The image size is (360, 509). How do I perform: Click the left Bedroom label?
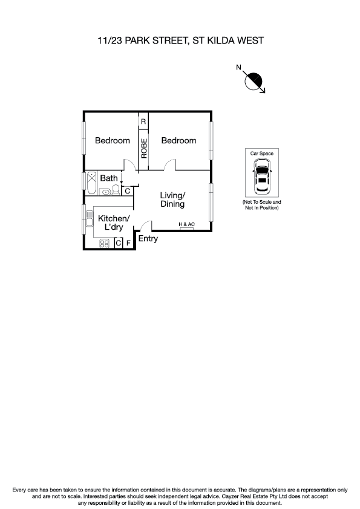[x=113, y=140]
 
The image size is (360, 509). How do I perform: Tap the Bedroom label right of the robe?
[x=178, y=140]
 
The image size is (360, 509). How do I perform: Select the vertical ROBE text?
[x=144, y=149]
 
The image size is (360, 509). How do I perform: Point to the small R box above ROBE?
[x=143, y=122]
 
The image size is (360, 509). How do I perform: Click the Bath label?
[x=109, y=178]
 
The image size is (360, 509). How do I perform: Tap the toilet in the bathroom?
[x=116, y=191]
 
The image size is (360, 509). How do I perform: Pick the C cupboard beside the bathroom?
[x=127, y=191]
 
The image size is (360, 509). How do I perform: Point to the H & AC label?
[x=186, y=225]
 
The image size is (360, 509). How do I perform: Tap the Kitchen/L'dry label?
[x=113, y=222]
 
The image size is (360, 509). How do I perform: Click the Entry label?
[x=148, y=239]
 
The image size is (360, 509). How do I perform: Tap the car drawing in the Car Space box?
[x=262, y=177]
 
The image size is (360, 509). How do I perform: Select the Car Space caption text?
[x=262, y=154]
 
